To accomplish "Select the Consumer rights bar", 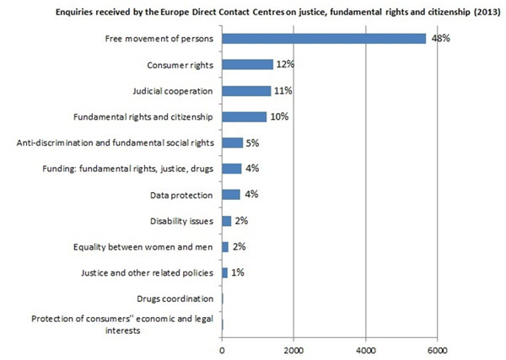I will [248, 64].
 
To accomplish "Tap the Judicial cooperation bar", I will [246, 90].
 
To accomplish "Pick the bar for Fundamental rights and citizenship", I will [245, 116].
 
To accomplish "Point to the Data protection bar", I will [231, 194].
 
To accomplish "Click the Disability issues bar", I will [226, 221].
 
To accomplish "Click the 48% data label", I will [442, 39].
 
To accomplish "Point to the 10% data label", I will [280, 116].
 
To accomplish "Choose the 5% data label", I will [252, 143].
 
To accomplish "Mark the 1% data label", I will [237, 273].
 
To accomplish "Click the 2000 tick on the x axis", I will [293, 347].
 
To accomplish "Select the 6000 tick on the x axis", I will [437, 347].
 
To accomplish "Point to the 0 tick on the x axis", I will [222, 347].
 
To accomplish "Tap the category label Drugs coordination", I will [175, 298].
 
